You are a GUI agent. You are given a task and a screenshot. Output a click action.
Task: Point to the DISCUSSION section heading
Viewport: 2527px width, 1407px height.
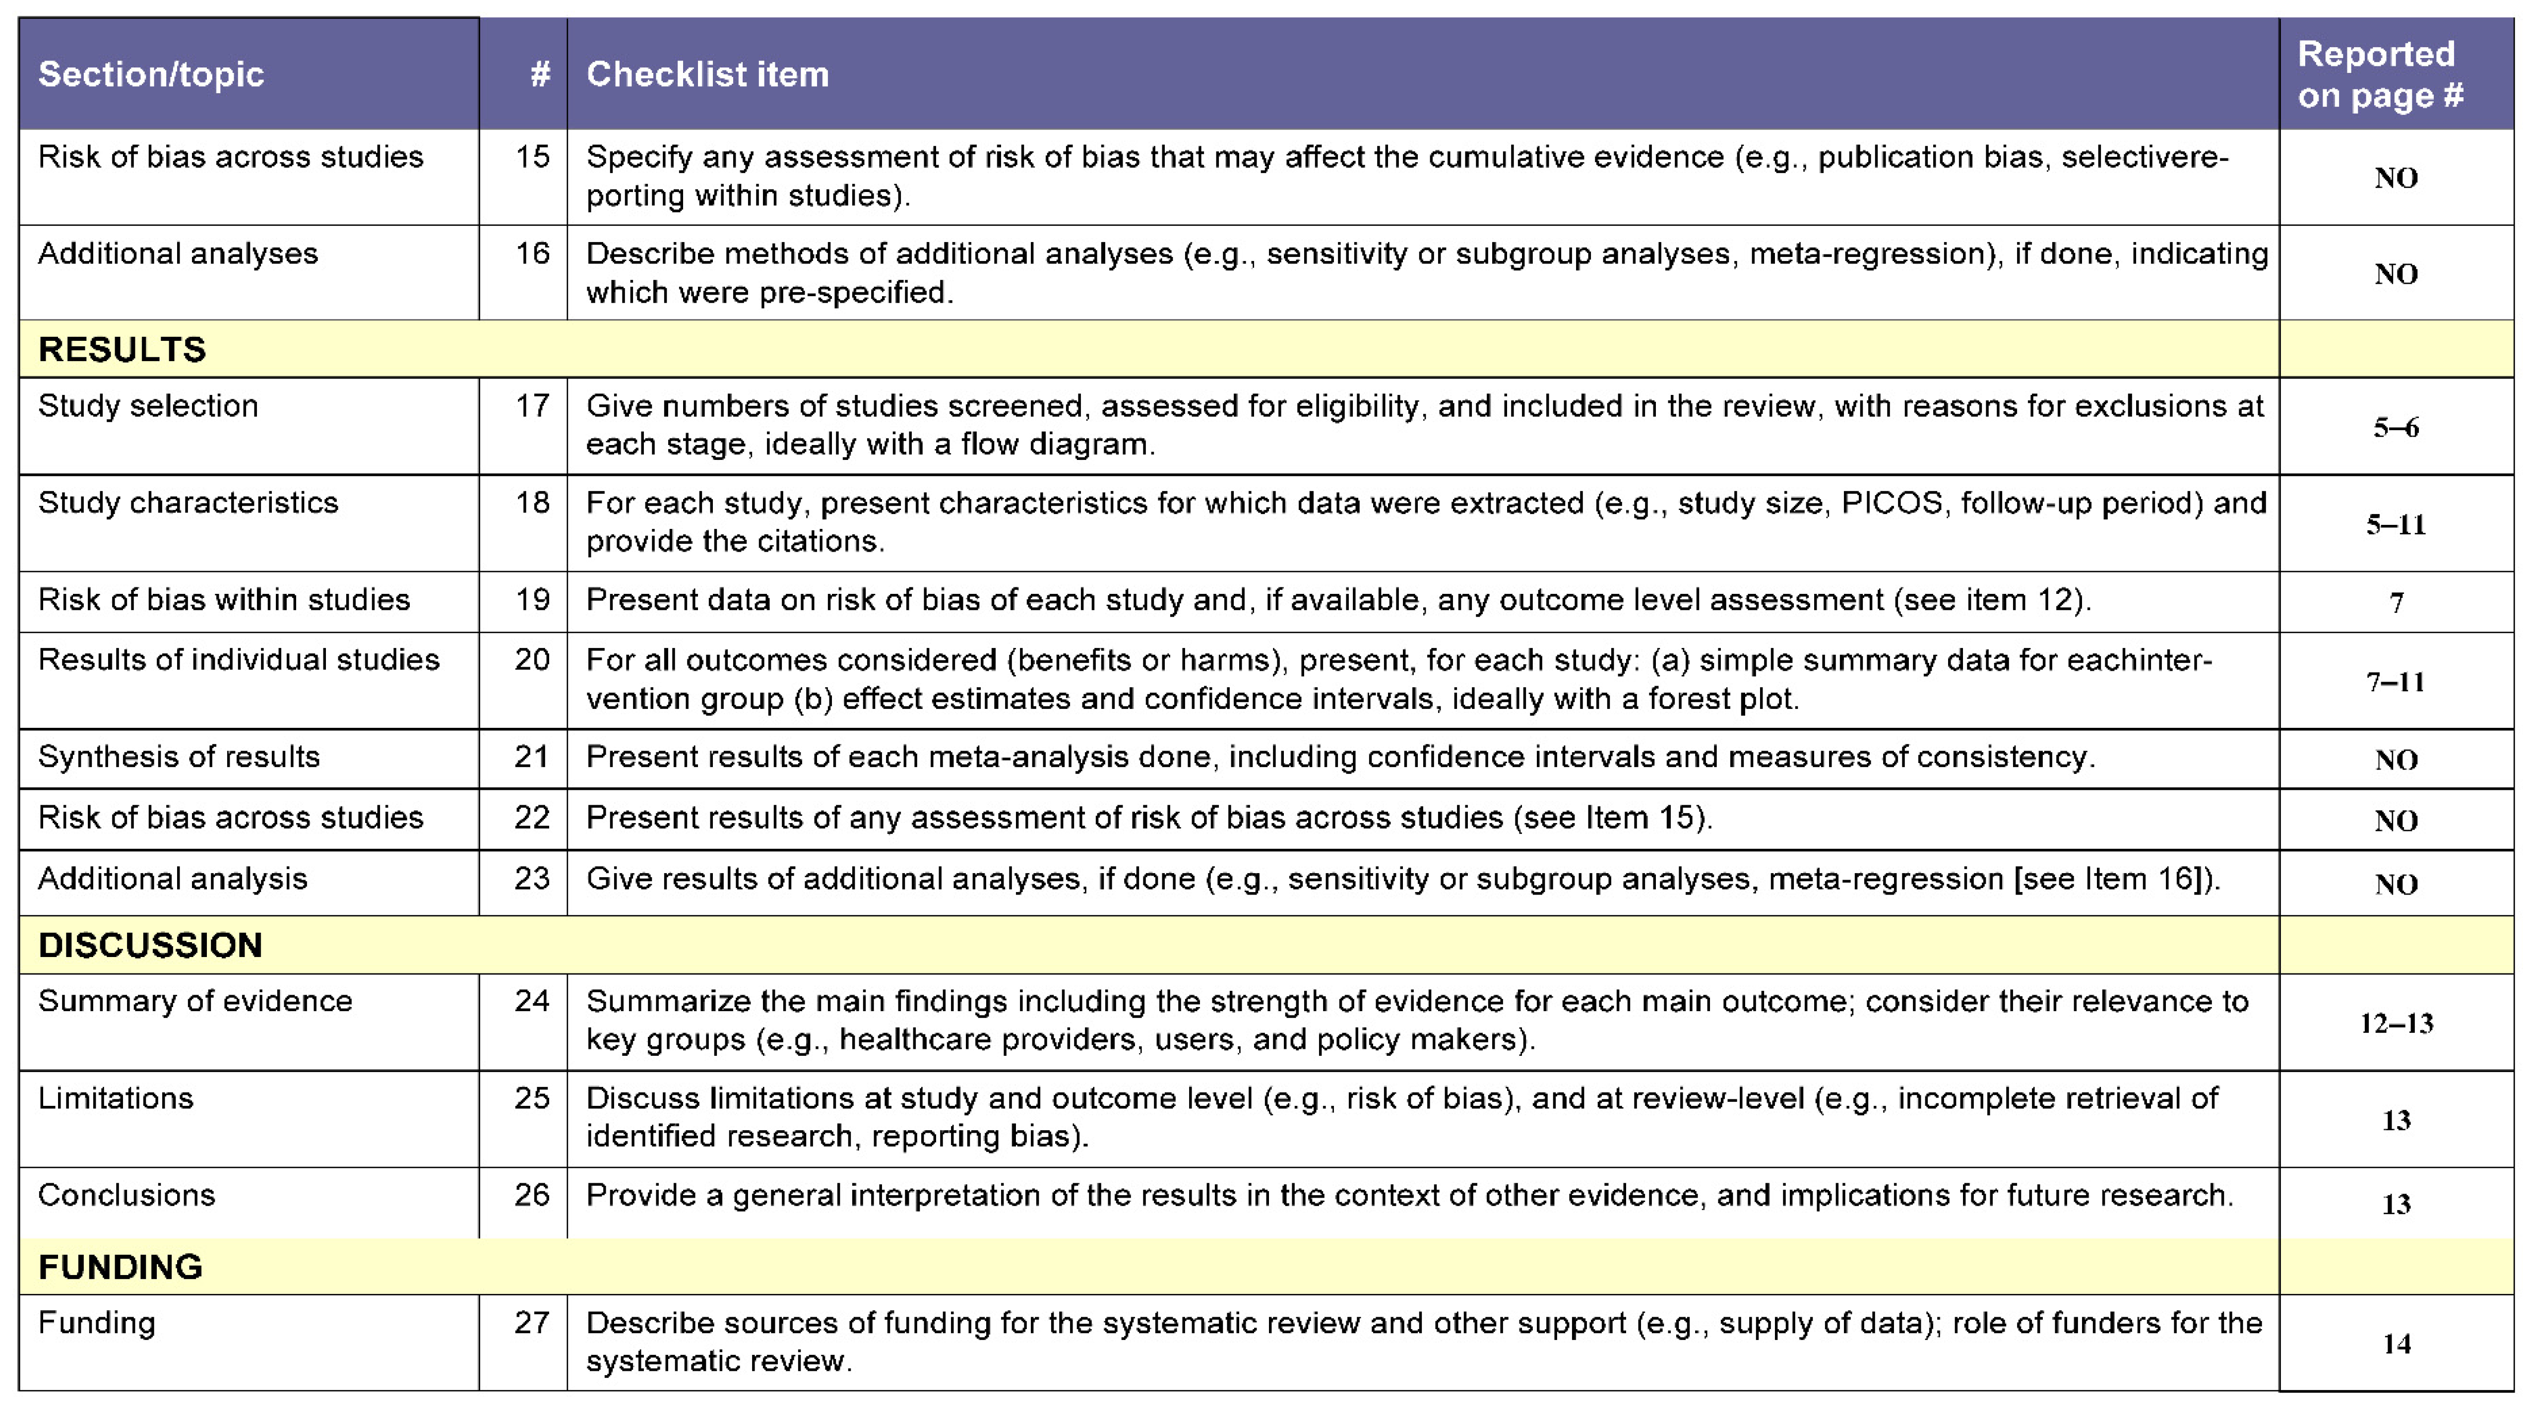pos(150,945)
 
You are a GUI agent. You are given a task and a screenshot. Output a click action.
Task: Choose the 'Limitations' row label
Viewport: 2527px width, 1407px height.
pos(116,1098)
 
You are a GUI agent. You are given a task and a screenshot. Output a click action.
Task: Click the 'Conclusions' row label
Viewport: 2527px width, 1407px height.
pos(126,1195)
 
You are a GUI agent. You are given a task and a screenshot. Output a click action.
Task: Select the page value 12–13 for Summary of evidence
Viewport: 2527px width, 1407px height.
pos(2396,1023)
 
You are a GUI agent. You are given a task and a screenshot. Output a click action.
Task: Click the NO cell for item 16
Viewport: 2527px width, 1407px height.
pos(2396,274)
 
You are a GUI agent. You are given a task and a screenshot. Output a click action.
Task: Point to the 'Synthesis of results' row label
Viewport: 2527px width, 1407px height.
pos(179,757)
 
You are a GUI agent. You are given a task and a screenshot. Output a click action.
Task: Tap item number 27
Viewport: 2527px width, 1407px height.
pos(532,1323)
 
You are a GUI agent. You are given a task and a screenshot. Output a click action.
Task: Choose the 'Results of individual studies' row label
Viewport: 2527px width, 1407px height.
pos(239,659)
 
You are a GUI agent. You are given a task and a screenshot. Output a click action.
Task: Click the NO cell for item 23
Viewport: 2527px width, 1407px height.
pos(2396,884)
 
